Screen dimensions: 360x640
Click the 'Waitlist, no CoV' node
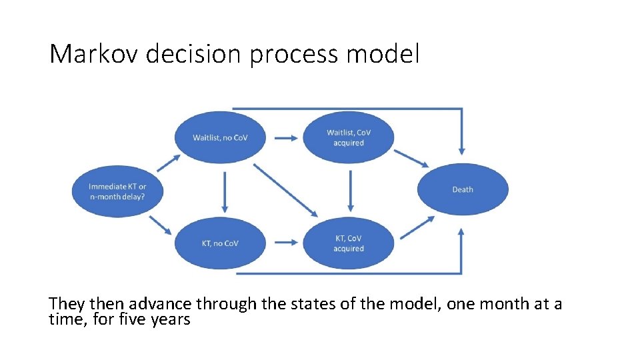click(220, 137)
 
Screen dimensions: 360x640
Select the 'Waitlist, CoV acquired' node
click(349, 137)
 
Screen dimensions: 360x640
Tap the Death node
click(463, 189)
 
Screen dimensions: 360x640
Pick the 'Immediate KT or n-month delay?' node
click(117, 191)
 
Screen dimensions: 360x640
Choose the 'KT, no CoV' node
click(220, 243)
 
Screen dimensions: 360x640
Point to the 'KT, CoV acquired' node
click(349, 243)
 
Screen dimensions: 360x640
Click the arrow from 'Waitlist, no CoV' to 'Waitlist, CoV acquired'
click(285, 138)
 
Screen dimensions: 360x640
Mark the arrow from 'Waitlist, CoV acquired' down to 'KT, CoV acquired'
click(351, 191)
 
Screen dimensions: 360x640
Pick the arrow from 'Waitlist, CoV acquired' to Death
click(411, 158)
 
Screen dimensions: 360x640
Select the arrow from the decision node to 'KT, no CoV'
click(161, 224)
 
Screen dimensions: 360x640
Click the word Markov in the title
click(93, 54)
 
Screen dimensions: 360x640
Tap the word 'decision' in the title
click(193, 54)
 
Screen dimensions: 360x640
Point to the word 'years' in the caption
click(171, 319)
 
